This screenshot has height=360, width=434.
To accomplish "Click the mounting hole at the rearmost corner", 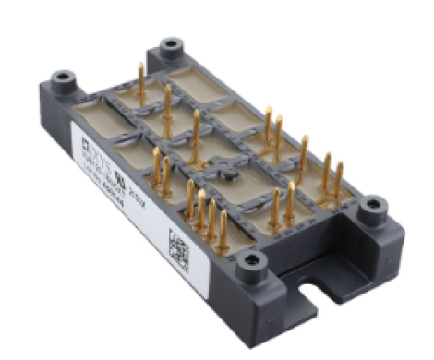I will coord(170,47).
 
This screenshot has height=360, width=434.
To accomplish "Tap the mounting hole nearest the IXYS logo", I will coord(63,80).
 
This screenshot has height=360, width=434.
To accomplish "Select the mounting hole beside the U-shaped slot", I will coord(249,269).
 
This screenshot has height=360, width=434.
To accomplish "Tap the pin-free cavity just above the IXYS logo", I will coord(102,120).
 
